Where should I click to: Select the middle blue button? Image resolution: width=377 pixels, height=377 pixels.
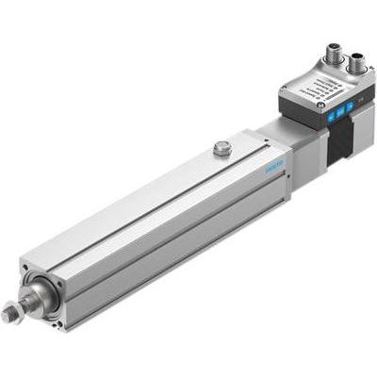pos(338,110)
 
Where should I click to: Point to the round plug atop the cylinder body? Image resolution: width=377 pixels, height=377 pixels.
pos(221,147)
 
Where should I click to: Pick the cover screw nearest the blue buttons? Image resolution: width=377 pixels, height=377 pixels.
pos(320,107)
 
